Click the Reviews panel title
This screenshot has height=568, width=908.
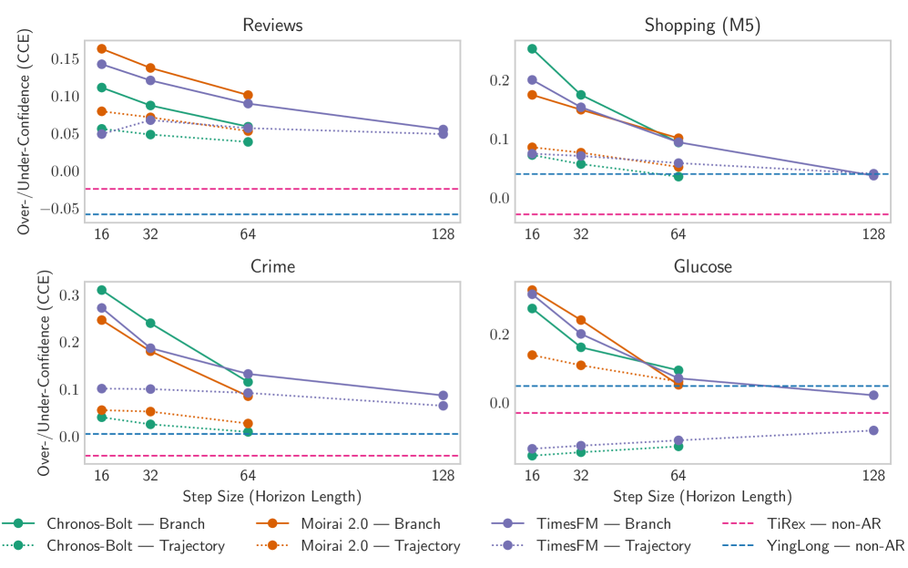tap(272, 25)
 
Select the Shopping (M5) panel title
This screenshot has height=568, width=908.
tap(702, 25)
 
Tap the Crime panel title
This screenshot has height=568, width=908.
tap(272, 266)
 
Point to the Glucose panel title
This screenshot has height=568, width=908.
tap(702, 266)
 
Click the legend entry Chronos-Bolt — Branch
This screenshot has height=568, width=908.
tap(126, 523)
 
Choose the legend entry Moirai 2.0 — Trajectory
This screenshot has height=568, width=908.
tap(381, 545)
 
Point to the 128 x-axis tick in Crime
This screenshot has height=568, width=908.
tap(444, 475)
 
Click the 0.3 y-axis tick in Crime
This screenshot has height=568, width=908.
tap(68, 295)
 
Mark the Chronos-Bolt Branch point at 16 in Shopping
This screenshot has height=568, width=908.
tap(532, 48)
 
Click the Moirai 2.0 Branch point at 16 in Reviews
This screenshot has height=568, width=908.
tap(102, 48)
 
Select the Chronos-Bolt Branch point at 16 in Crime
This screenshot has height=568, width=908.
tap(102, 290)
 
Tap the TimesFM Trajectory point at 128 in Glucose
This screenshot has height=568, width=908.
tap(873, 430)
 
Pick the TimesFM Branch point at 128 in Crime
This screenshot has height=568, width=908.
tap(444, 396)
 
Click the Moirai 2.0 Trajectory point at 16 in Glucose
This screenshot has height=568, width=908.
tap(532, 355)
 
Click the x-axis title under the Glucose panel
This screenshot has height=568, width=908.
tap(702, 497)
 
